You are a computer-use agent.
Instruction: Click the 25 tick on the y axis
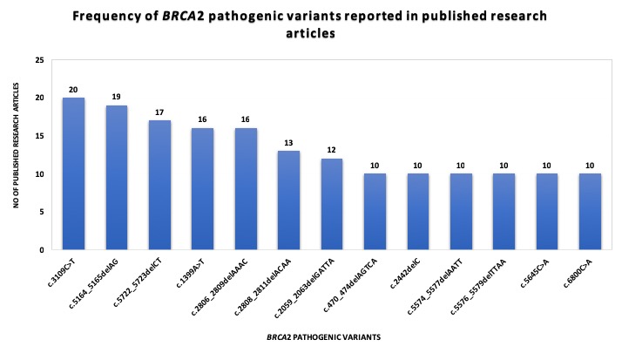pos(37,60)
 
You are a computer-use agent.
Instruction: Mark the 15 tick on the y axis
pos(37,136)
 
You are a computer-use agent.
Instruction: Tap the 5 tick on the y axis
pos(39,212)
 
